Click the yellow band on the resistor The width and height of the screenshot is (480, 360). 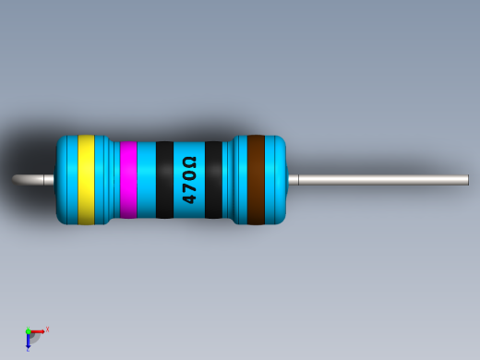(x=86, y=180)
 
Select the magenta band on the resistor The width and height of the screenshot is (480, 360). (x=127, y=180)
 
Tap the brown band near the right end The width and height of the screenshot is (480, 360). (x=256, y=180)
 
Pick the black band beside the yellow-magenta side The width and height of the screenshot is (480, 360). (x=164, y=180)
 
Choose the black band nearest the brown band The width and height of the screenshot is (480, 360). (x=213, y=180)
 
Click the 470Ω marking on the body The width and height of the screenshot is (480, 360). (x=189, y=180)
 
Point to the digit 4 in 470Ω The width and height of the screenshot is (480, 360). (x=189, y=198)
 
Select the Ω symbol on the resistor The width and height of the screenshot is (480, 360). (x=189, y=163)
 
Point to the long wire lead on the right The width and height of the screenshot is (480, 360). (x=378, y=180)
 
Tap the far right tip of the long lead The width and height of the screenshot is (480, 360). (x=467, y=180)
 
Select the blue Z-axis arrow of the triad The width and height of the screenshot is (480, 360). (x=29, y=342)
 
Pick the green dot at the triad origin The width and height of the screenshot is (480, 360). (x=28, y=331)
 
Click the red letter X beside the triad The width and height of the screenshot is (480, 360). (x=47, y=329)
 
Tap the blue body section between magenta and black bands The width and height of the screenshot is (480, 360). (x=146, y=180)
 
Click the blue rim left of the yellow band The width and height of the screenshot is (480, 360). (x=66, y=180)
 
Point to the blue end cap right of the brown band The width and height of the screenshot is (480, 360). (x=276, y=180)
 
